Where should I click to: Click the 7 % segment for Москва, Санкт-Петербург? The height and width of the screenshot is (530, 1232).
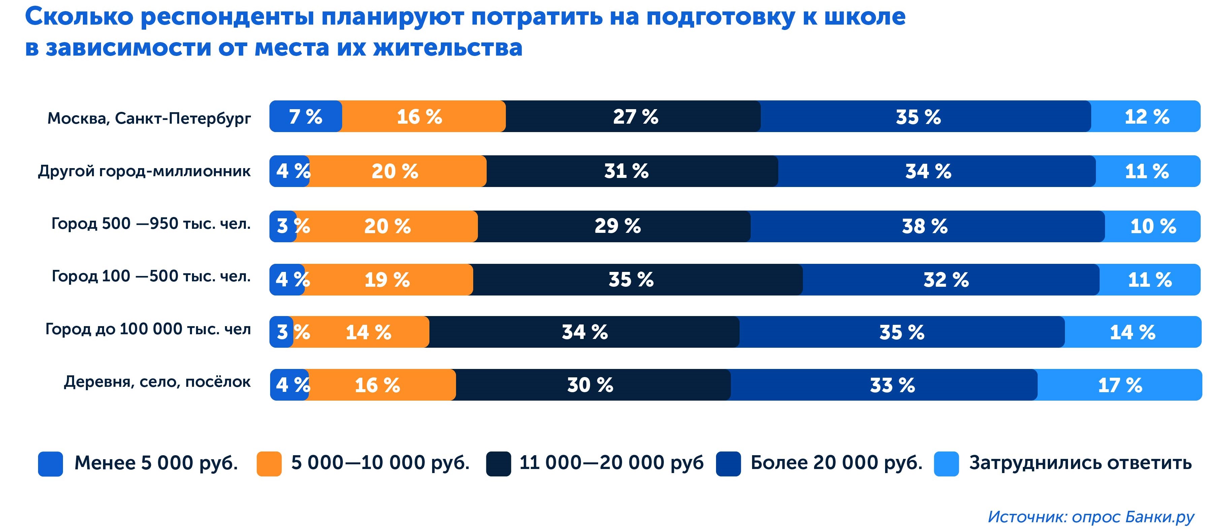(x=305, y=116)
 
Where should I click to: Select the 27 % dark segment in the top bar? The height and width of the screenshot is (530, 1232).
(x=635, y=116)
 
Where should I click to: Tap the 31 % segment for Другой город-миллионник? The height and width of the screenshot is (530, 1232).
(x=626, y=171)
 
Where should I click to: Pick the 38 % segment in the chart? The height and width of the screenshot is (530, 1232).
(x=925, y=226)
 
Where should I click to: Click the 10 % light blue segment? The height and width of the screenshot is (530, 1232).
(x=1153, y=226)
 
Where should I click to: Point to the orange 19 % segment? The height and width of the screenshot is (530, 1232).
(x=387, y=279)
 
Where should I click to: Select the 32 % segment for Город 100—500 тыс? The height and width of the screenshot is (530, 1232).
(x=946, y=279)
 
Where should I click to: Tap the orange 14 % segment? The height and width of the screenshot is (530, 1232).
(x=368, y=332)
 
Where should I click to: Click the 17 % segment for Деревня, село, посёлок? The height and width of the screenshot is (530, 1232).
(x=1120, y=384)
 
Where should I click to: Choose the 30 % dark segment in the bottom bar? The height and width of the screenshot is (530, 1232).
(x=590, y=384)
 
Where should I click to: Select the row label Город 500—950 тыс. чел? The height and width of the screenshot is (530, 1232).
(x=151, y=223)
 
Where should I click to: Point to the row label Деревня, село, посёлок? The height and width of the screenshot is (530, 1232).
(x=157, y=382)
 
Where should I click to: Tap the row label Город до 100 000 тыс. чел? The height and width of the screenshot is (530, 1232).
(x=148, y=329)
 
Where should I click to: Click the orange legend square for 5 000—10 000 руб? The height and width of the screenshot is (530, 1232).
(x=269, y=464)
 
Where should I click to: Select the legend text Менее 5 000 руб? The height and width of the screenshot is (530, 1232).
(x=156, y=463)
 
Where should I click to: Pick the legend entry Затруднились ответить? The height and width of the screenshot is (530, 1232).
(x=1080, y=463)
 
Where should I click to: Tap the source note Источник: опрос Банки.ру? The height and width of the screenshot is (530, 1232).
(x=1091, y=517)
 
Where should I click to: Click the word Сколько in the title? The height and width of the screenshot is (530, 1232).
(x=79, y=17)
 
